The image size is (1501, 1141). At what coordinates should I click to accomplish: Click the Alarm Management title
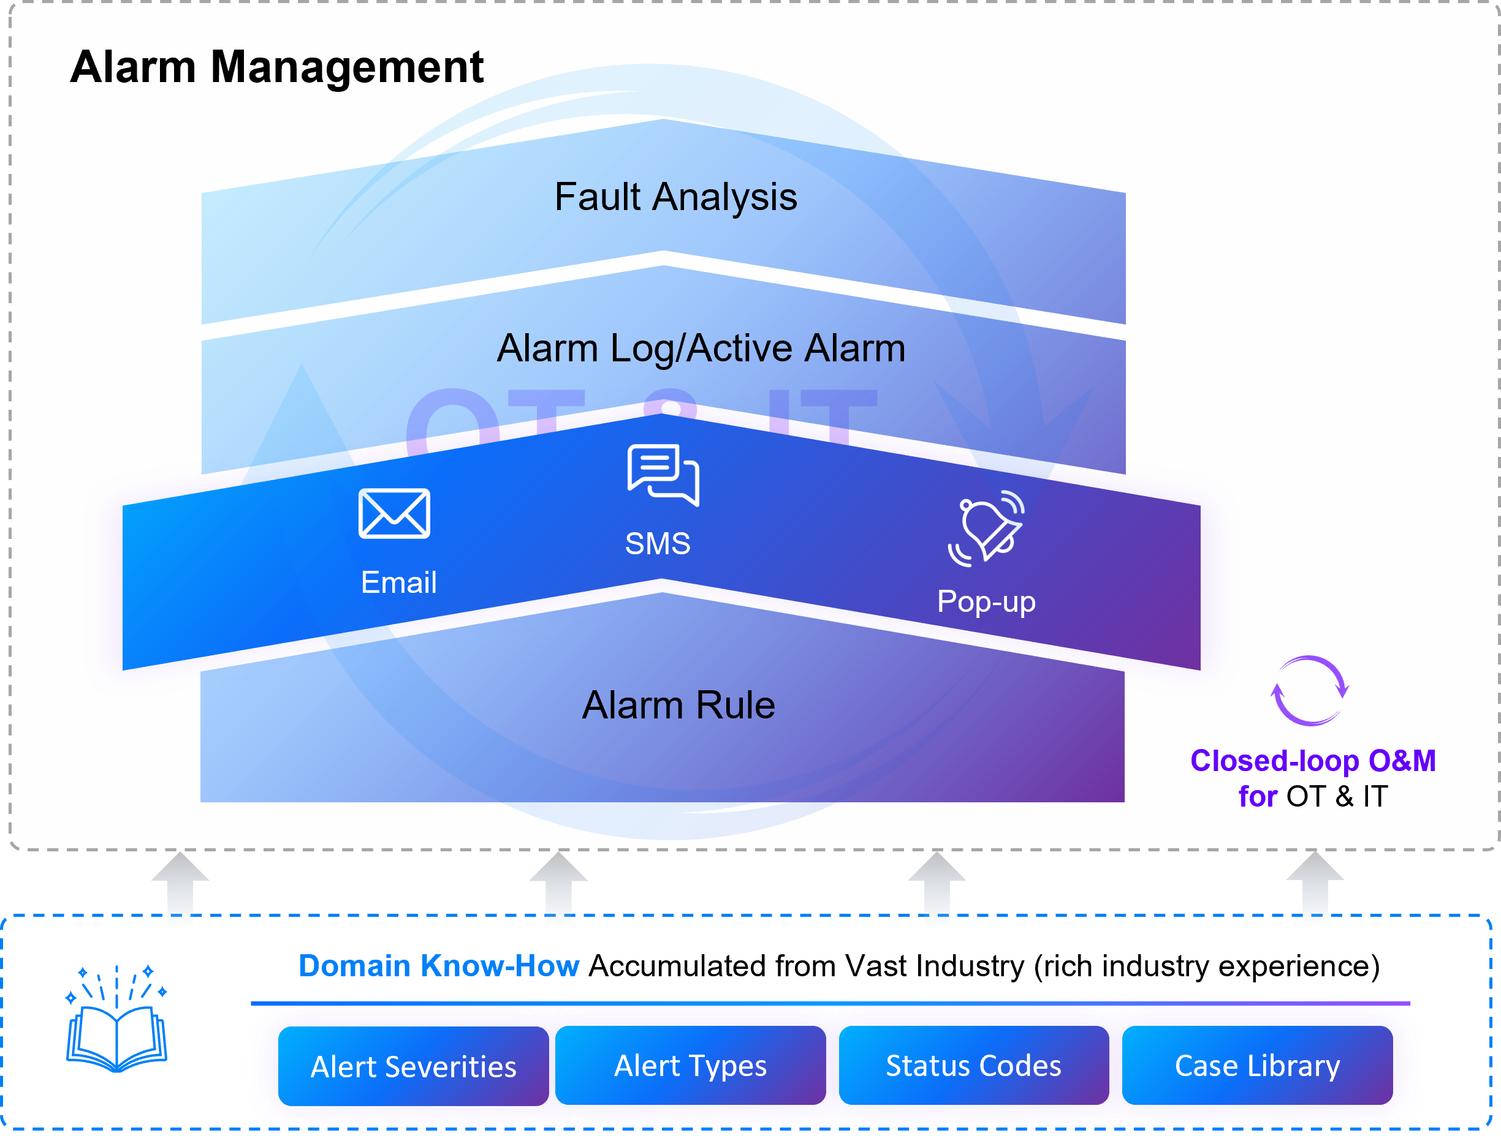pyautogui.click(x=276, y=67)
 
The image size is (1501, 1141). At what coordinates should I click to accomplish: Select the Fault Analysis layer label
pyautogui.click(x=675, y=197)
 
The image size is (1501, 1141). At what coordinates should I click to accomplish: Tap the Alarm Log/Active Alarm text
pyautogui.click(x=701, y=348)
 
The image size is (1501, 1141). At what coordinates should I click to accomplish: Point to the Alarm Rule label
pyautogui.click(x=678, y=705)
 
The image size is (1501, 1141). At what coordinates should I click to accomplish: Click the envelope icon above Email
pyautogui.click(x=394, y=513)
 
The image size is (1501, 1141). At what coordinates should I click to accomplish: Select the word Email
pyautogui.click(x=398, y=582)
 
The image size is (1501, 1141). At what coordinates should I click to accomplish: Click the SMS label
pyautogui.click(x=658, y=544)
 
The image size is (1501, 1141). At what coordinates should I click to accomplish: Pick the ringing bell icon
pyautogui.click(x=987, y=529)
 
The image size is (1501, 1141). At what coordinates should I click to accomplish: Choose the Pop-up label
pyautogui.click(x=986, y=602)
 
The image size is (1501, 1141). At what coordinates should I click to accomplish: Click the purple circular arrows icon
pyautogui.click(x=1309, y=691)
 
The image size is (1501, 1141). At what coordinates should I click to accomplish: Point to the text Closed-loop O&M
pyautogui.click(x=1313, y=761)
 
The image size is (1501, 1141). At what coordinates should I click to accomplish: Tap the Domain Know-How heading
pyautogui.click(x=438, y=966)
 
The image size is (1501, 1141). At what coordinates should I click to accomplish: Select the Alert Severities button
pyautogui.click(x=413, y=1067)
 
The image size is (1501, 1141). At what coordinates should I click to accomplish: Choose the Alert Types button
pyautogui.click(x=690, y=1066)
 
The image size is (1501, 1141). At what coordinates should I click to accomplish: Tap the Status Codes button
pyautogui.click(x=973, y=1066)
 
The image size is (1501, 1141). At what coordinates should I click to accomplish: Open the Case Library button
pyautogui.click(x=1257, y=1066)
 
